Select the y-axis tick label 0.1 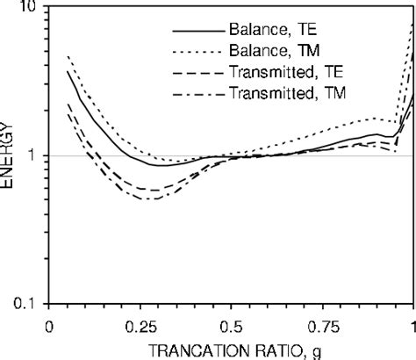(x=24, y=304)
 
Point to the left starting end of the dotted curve (x=68, y=56)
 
